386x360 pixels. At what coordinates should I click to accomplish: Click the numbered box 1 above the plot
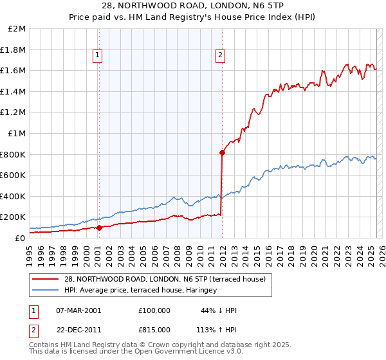pyautogui.click(x=98, y=56)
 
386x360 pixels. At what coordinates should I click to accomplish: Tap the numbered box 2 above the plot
pyautogui.click(x=220, y=56)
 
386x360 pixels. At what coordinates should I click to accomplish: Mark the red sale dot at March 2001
pyautogui.click(x=100, y=228)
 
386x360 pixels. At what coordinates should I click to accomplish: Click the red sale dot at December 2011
pyautogui.click(x=222, y=152)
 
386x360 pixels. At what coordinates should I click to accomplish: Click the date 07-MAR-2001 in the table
pyautogui.click(x=78, y=310)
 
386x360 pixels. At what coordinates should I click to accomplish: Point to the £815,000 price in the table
pyautogui.click(x=154, y=329)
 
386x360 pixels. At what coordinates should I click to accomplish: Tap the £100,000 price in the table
pyautogui.click(x=154, y=310)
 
